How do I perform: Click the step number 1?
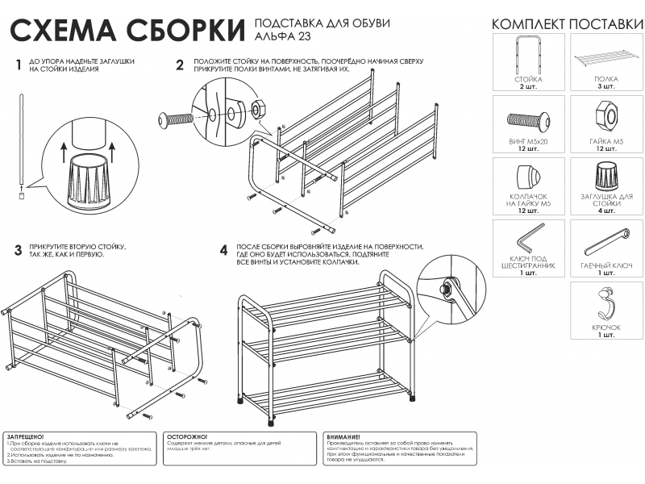click(x=18, y=65)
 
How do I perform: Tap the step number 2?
click(x=180, y=65)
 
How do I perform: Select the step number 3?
click(x=18, y=250)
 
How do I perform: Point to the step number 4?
click(x=223, y=250)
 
